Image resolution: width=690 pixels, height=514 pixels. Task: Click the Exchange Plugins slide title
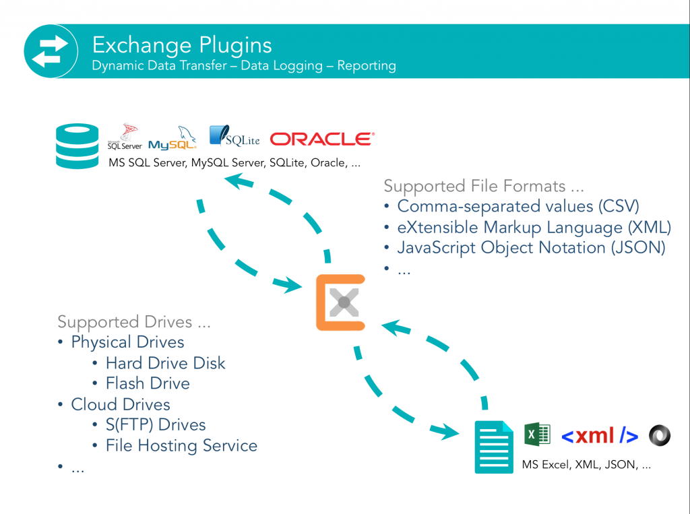pos(182,44)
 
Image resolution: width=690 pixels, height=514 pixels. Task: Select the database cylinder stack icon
pos(77,146)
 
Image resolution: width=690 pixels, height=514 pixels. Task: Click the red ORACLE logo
pos(322,139)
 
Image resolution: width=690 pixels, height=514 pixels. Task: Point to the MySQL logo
pos(172,139)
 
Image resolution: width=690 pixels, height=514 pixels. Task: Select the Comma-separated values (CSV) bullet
pos(517,205)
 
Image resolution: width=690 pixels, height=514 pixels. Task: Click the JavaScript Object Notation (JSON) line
pos(530,247)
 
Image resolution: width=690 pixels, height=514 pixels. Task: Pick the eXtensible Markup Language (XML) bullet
pos(534,227)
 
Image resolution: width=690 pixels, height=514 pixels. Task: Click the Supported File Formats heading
pos(484,185)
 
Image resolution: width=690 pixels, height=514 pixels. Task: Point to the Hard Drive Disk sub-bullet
pos(165,363)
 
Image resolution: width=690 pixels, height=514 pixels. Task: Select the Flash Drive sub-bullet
pos(148,383)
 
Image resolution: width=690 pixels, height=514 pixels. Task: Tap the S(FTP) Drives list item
pos(155,424)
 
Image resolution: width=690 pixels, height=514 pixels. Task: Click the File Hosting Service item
pos(181,445)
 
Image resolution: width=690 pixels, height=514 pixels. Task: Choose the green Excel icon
pos(537,435)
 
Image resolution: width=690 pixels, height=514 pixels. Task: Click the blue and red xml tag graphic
pos(599,436)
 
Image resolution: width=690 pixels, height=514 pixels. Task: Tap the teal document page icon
pos(494,446)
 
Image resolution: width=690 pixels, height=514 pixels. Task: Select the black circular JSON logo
pos(660,435)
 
